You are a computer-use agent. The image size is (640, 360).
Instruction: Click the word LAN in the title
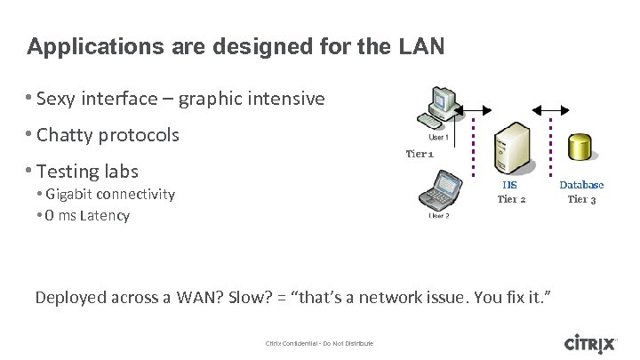(418, 47)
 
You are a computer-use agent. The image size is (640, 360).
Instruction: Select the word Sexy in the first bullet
(58, 99)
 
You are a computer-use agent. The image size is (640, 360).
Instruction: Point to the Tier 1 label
(420, 153)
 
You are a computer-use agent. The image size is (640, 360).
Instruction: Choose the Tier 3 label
(582, 198)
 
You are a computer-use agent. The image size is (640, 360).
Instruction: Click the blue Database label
(581, 185)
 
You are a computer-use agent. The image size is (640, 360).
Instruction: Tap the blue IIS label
(509, 185)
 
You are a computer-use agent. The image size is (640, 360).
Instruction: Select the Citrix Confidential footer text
(319, 343)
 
